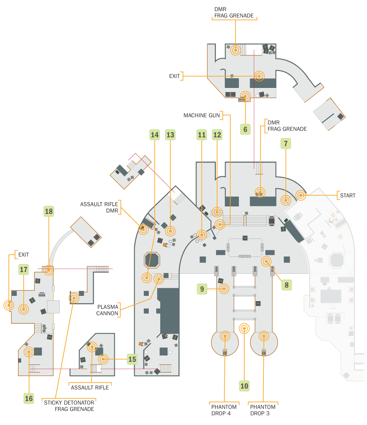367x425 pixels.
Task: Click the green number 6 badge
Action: [245, 129]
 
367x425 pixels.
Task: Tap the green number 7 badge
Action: [286, 143]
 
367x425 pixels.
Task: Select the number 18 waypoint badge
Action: [49, 211]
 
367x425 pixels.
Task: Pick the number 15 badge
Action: [132, 359]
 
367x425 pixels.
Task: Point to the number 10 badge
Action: [244, 386]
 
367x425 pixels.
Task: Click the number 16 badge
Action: [29, 398]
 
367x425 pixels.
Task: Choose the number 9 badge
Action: [202, 289]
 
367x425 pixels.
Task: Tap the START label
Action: [348, 195]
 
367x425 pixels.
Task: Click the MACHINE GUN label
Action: [202, 115]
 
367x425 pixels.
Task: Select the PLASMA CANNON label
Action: [107, 310]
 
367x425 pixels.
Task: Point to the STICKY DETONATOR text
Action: [69, 402]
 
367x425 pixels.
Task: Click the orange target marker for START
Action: [300, 195]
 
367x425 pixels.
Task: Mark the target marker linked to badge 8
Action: [266, 261]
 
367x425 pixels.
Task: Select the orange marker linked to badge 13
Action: [170, 231]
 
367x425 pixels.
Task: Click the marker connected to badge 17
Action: [24, 309]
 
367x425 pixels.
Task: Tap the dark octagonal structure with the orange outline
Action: [152, 260]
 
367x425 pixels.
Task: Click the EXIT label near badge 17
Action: [23, 255]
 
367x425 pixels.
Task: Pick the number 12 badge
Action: [217, 135]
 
